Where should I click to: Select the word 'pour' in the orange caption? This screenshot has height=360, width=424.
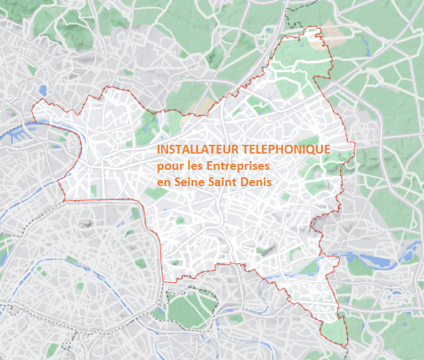coord(168,166)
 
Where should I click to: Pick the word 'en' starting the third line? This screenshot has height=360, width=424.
coord(163,182)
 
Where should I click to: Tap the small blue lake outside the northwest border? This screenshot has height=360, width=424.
coord(43,89)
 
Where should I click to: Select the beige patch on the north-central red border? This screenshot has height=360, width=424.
coord(204,107)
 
